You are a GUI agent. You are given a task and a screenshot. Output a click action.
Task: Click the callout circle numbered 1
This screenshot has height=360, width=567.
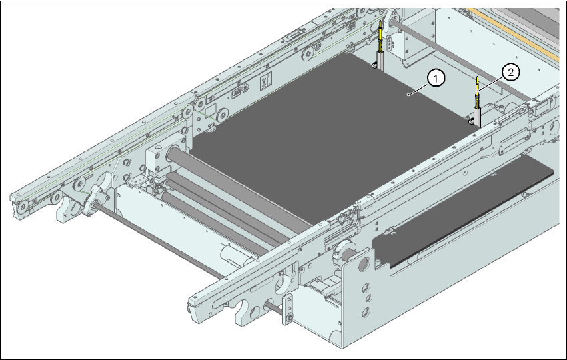(436, 79)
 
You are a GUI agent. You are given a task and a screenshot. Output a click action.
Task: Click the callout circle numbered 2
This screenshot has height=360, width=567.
(510, 73)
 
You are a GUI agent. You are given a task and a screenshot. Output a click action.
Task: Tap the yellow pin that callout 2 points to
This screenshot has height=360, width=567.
(478, 92)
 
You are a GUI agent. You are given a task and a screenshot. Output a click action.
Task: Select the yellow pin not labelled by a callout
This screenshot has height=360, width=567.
(380, 36)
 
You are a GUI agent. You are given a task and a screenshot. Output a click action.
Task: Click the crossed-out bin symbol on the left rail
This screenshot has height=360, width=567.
(265, 81)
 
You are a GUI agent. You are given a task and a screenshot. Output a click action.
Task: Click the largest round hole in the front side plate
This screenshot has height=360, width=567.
(362, 265)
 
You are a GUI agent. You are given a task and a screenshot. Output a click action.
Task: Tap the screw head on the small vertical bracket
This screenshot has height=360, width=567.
(289, 318)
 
